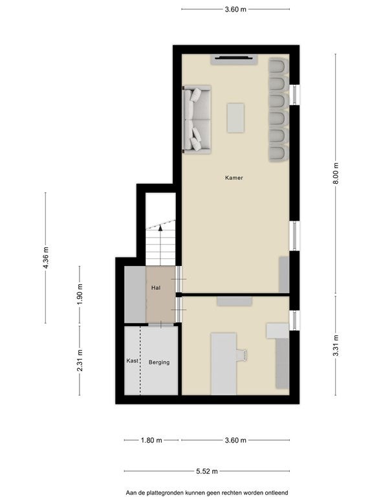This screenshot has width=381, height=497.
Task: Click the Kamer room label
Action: click(234, 178)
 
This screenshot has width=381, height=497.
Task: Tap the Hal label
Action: click(156, 288)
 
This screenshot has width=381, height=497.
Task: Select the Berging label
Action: click(159, 362)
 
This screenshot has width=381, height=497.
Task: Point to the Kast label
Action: click(132, 360)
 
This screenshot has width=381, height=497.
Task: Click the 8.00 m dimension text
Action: click(336, 173)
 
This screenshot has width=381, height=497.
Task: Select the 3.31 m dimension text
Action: click(336, 346)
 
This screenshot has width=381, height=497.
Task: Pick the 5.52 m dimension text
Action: click(207, 471)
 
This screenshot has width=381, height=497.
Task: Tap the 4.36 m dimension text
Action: click(46, 258)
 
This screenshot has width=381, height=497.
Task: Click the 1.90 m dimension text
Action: click(80, 294)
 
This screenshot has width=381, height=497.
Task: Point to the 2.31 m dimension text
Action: click(80, 360)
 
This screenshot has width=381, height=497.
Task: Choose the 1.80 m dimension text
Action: click(151, 440)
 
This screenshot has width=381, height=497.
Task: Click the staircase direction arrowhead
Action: click(160, 227)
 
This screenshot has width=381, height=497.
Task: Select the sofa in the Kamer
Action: click(197, 120)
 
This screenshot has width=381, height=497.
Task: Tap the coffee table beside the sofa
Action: click(235, 118)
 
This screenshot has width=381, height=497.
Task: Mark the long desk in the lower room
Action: click(224, 364)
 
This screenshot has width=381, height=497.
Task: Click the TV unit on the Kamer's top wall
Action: click(234, 60)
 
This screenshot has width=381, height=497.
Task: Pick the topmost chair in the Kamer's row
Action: click(278, 67)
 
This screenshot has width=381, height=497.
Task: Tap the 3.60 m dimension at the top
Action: click(235, 9)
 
